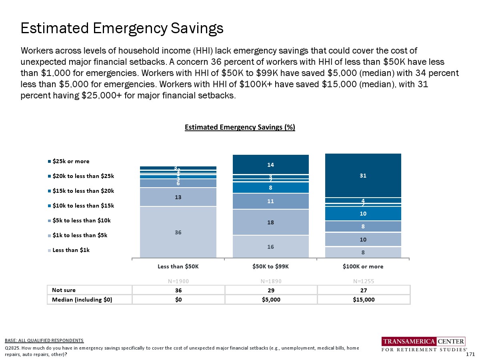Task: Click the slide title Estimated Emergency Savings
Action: click(122, 28)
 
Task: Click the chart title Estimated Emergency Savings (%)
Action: click(240, 127)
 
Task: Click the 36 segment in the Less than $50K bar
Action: click(178, 232)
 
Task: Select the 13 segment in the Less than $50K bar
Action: click(178, 197)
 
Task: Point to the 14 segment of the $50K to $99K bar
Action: click(270, 164)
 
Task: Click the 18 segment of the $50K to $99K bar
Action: click(270, 222)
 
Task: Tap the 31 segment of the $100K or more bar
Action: click(363, 175)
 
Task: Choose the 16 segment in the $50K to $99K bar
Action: click(270, 247)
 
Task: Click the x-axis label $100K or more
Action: click(363, 266)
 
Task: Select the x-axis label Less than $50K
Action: click(178, 266)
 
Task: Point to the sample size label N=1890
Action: click(270, 281)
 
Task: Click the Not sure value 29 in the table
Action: click(270, 290)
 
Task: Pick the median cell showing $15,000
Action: click(363, 300)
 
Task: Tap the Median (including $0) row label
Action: click(80, 300)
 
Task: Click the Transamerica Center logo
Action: click(423, 344)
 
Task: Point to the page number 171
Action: click(471, 354)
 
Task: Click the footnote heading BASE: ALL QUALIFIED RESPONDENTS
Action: click(44, 340)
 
